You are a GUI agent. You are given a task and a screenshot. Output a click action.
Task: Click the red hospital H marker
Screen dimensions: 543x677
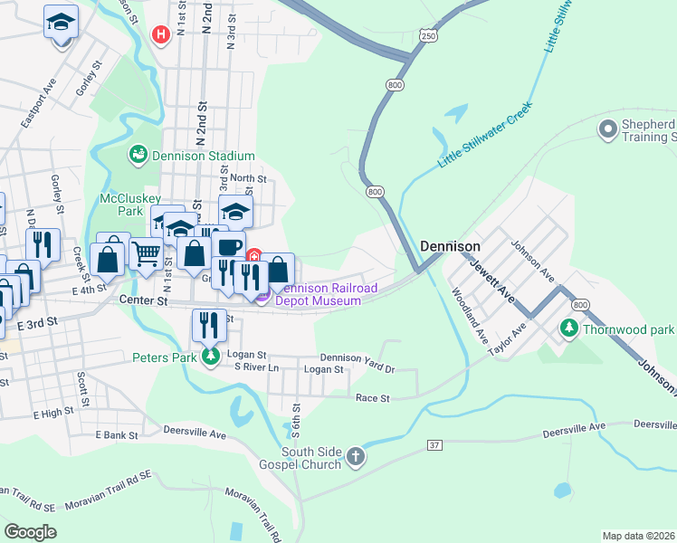(161, 35)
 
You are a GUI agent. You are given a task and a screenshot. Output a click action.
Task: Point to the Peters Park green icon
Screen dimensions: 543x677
(211, 357)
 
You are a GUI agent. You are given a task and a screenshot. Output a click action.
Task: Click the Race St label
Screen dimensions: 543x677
(372, 397)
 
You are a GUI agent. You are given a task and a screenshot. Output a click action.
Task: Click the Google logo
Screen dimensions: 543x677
(30, 532)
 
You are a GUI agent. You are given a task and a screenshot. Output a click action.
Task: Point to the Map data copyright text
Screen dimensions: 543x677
(638, 536)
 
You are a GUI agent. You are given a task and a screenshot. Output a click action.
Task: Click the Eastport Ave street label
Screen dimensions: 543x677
(39, 101)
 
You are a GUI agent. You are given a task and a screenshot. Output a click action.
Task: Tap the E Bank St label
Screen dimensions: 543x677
(116, 435)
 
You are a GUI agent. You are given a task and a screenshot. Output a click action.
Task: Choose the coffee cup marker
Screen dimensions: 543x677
(229, 246)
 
